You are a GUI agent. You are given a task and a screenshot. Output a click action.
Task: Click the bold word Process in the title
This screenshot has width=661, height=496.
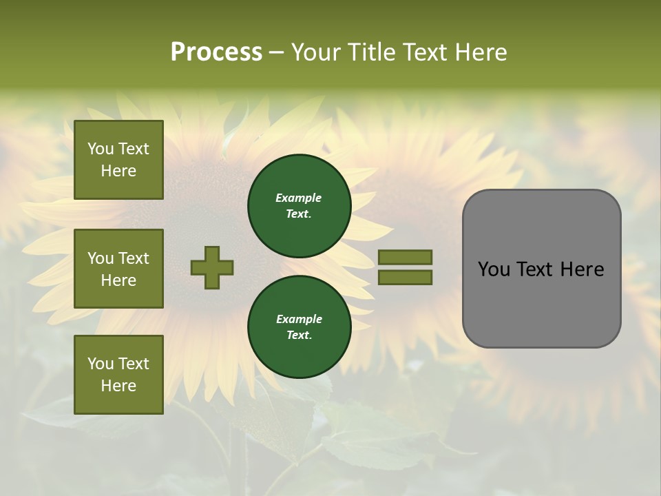(216, 52)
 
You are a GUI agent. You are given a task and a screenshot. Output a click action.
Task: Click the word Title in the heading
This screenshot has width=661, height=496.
(372, 52)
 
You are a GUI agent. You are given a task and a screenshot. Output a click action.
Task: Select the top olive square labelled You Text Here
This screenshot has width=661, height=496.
(118, 160)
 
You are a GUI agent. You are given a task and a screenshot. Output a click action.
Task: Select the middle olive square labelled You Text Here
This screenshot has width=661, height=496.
(118, 269)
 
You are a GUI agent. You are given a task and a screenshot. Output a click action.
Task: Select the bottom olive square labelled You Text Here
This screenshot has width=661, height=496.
(118, 375)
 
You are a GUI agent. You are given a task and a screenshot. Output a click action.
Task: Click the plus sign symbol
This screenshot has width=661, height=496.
(212, 267)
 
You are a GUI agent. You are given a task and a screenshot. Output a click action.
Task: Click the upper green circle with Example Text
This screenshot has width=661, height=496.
(300, 205)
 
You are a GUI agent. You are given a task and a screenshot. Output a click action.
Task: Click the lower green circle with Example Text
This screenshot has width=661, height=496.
(300, 327)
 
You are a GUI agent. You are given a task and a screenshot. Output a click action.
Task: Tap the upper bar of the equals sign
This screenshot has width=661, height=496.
(406, 257)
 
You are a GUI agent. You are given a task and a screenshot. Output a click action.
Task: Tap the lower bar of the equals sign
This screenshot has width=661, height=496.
(406, 277)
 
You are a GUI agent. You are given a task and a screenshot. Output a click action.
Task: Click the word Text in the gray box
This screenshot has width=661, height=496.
(537, 269)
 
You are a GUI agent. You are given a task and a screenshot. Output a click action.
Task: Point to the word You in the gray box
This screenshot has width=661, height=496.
(494, 269)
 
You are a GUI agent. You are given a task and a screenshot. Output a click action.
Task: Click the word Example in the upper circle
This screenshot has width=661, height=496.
(299, 198)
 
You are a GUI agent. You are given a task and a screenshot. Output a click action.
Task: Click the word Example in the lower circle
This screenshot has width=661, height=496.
(299, 319)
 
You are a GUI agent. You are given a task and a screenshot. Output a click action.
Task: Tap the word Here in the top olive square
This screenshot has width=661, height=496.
(118, 171)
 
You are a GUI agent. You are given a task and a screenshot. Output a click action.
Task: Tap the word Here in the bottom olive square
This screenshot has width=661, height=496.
(118, 386)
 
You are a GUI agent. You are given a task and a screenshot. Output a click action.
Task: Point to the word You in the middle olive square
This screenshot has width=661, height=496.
(101, 258)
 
